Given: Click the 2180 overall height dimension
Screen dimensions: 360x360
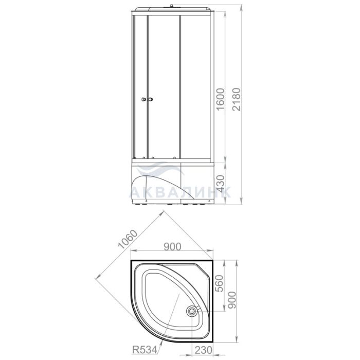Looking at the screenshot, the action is point(236,99).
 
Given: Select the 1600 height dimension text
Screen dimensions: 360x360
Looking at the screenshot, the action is point(221,99).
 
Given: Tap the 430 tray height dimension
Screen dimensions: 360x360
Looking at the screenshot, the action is point(221,184).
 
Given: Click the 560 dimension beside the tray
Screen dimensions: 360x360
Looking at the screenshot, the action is point(220,283).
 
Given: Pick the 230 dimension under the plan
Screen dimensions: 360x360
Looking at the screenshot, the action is point(204,350).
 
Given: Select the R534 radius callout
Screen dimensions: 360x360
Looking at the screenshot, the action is point(145,350).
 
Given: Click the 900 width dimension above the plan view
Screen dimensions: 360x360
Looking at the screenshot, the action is point(172,246).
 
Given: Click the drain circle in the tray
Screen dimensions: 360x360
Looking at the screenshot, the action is point(191,311).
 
